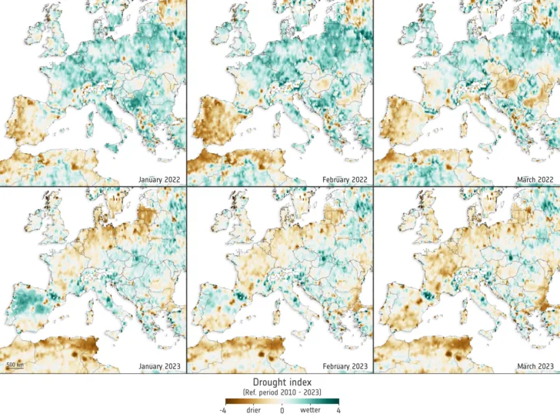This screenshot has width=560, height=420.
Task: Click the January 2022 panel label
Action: (159, 179)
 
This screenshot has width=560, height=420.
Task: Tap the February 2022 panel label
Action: (345, 179)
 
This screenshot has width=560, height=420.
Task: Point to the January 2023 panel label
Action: (159, 366)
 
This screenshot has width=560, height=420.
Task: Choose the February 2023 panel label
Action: (345, 366)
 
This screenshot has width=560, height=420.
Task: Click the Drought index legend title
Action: (281, 382)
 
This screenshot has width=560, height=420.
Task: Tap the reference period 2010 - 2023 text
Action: (281, 392)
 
